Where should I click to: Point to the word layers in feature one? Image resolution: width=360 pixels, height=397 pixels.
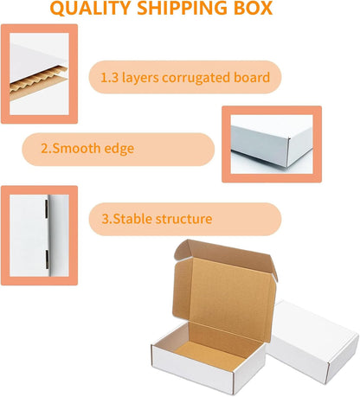(x=140, y=78)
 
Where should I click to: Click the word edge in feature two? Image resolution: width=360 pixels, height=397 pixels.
(x=119, y=149)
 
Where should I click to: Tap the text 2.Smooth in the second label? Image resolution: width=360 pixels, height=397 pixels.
(x=70, y=148)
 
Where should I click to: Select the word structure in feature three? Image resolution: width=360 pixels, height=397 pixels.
(x=184, y=219)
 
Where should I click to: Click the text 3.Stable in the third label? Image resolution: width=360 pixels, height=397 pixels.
(x=127, y=219)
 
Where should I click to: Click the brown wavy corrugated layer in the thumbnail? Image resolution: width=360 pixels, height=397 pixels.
(x=38, y=81)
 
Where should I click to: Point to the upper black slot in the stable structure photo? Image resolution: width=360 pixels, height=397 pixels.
(x=46, y=208)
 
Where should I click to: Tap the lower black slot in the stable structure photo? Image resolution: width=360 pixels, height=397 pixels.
(x=47, y=259)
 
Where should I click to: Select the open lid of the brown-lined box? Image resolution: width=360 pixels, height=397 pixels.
(x=225, y=291)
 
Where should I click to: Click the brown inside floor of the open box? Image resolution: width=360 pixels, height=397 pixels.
(x=209, y=355)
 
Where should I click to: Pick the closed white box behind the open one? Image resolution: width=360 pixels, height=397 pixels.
(x=313, y=340)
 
